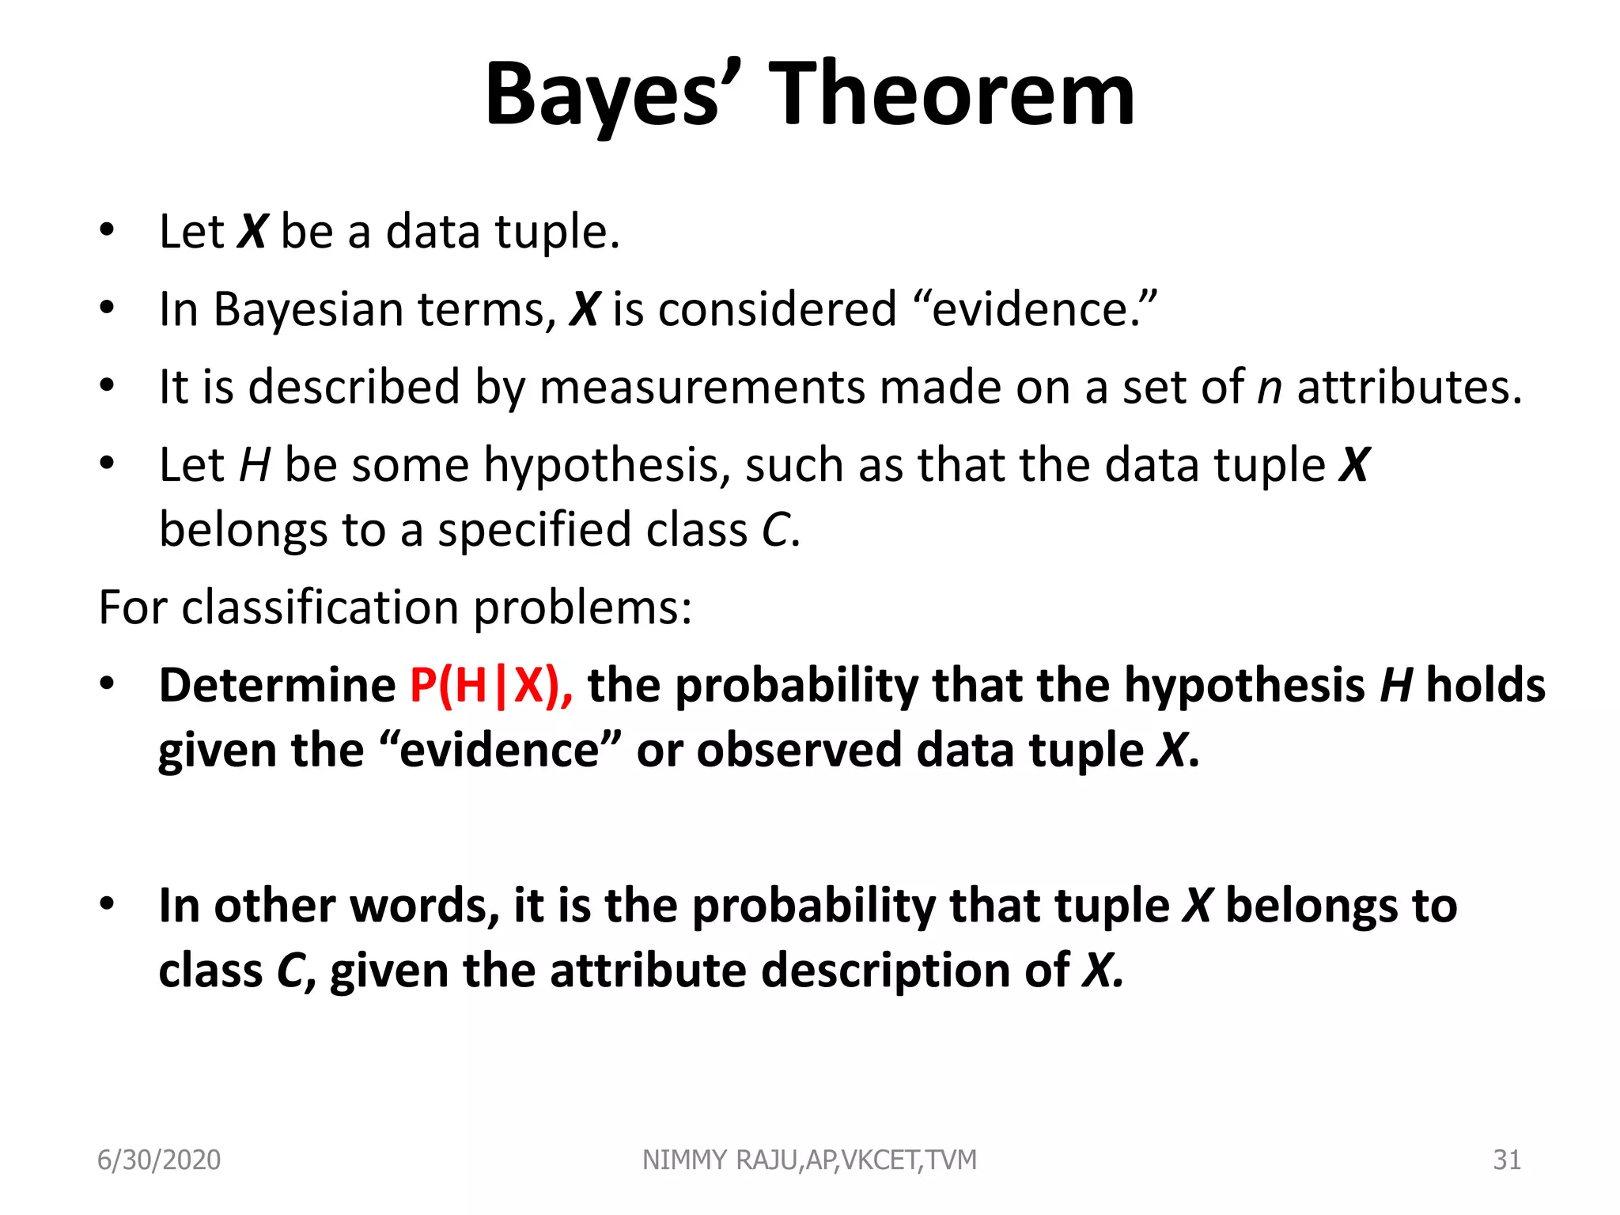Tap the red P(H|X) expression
click(x=490, y=685)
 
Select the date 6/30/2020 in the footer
click(x=159, y=1160)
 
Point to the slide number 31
click(x=1507, y=1160)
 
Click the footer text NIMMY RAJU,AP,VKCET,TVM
click(x=809, y=1160)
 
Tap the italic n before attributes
click(x=1270, y=388)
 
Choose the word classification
click(x=320, y=607)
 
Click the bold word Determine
click(x=278, y=685)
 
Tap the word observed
click(x=799, y=749)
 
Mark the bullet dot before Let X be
click(x=108, y=231)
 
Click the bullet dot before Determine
click(x=108, y=684)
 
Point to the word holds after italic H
click(x=1486, y=685)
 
